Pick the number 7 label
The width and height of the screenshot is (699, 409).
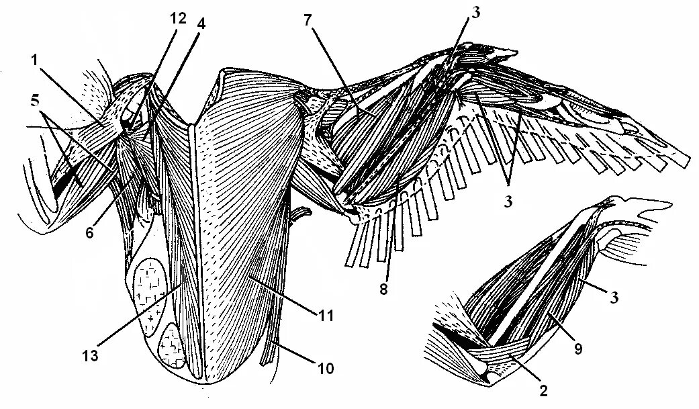coord(308,19)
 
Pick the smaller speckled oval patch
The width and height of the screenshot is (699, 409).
coord(173,347)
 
